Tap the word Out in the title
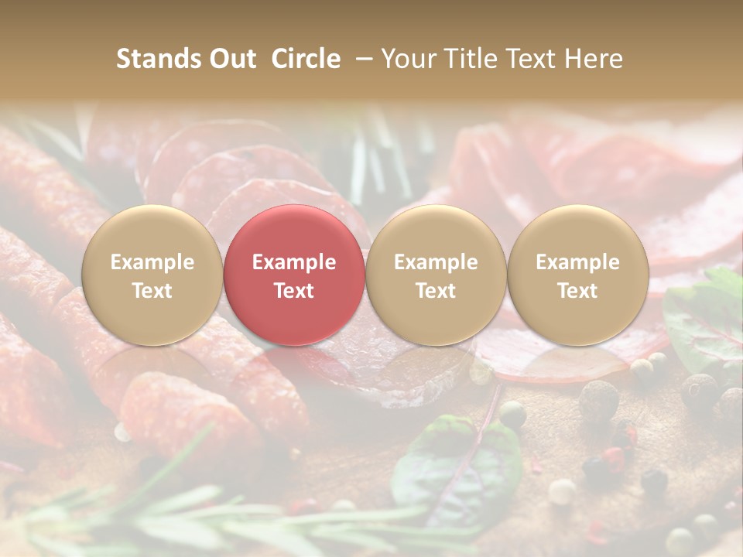tap(231, 59)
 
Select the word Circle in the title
tap(306, 59)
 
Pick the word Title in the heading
tap(471, 59)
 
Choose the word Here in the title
tap(594, 59)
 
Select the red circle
tap(293, 275)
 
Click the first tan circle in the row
tap(152, 275)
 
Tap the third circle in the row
tap(436, 275)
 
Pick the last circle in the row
tap(577, 275)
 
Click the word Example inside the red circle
tap(294, 262)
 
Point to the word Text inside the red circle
tap(294, 291)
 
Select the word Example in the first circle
tap(152, 262)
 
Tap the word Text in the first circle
tap(152, 291)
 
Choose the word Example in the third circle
tap(436, 262)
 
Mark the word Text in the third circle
tap(436, 291)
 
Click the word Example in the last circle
tap(577, 262)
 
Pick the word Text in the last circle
tap(577, 291)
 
